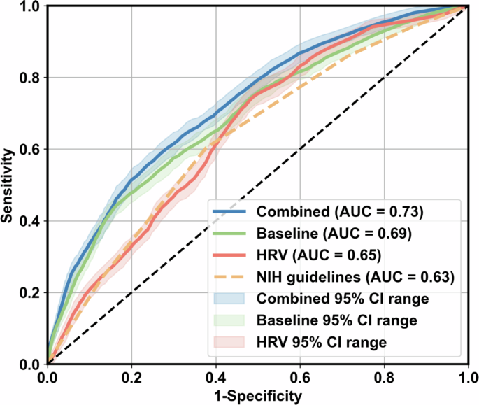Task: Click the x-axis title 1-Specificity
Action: (257, 397)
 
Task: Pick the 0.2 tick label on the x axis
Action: (131, 378)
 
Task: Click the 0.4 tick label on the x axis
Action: (215, 378)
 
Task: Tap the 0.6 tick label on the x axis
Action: (299, 378)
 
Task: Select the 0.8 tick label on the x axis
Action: (383, 378)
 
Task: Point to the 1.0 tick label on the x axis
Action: (466, 378)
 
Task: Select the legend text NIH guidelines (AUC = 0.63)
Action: (356, 277)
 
